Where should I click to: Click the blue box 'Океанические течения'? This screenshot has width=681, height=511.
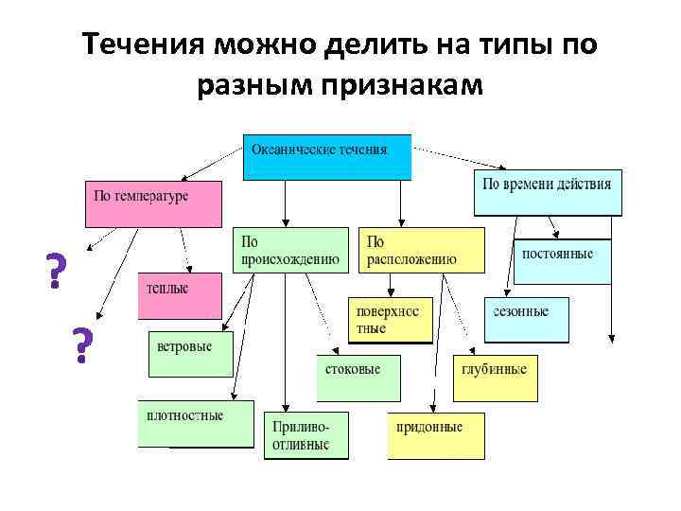point(327,157)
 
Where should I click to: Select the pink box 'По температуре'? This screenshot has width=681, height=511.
point(153,203)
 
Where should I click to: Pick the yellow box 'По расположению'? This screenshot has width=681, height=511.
point(421,250)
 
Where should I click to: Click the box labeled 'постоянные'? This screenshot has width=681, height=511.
point(562,260)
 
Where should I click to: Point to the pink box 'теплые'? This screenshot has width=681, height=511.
point(180,295)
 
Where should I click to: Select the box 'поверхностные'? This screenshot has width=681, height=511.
point(390,320)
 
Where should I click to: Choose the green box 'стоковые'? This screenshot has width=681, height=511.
point(358,377)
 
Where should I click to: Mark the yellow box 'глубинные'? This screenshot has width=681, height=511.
point(496,378)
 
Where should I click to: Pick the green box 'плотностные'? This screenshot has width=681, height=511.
point(196,423)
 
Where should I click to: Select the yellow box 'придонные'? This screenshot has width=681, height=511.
point(434,435)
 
